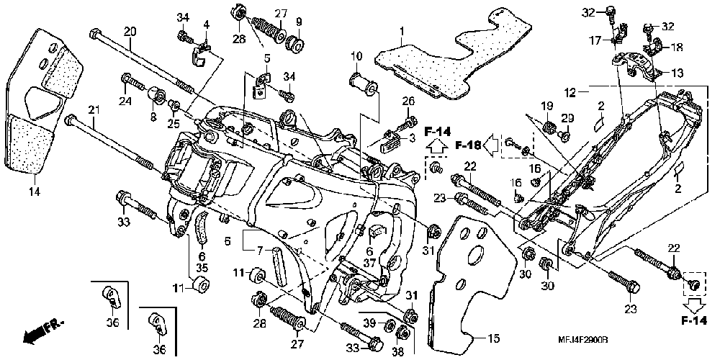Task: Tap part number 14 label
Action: point(35,192)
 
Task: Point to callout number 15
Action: point(493,340)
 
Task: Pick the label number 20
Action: point(130,32)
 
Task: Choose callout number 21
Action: point(94,110)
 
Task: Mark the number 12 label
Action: point(570,94)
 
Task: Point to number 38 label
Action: point(398,352)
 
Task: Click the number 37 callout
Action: point(369,262)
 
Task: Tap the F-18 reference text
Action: point(468,145)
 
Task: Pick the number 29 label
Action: point(567,119)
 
